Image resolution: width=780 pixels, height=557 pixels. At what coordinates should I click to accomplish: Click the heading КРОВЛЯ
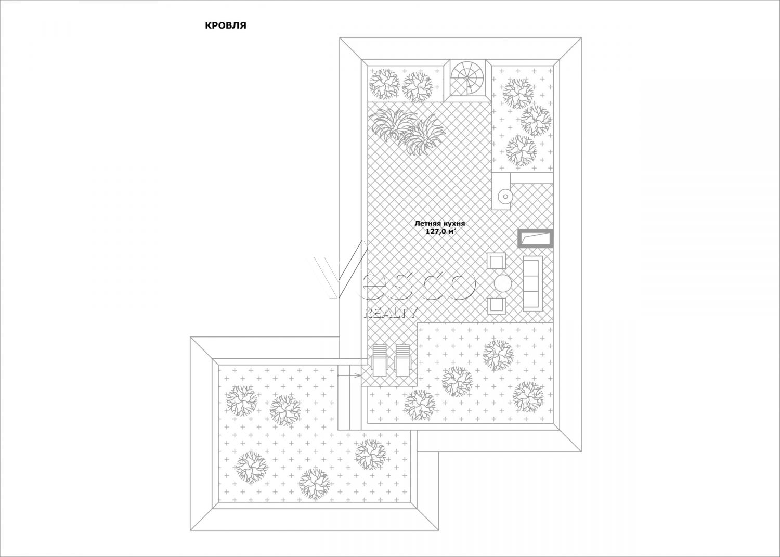pyautogui.click(x=225, y=26)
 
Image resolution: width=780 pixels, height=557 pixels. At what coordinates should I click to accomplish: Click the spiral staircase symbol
pyautogui.click(x=467, y=78)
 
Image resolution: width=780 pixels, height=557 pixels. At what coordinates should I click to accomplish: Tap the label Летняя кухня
pyautogui.click(x=439, y=224)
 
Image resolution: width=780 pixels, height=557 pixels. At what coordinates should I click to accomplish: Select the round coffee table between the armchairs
pyautogui.click(x=502, y=284)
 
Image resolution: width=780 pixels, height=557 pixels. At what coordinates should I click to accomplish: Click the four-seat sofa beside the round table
pyautogui.click(x=533, y=283)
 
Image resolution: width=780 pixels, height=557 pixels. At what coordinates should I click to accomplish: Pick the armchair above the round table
pyautogui.click(x=496, y=261)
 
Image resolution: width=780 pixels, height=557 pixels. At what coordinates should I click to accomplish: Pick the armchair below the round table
pyautogui.click(x=496, y=305)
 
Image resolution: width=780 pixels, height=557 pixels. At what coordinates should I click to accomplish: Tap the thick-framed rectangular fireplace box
pyautogui.click(x=536, y=239)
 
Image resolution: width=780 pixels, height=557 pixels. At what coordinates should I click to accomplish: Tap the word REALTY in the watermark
pyautogui.click(x=389, y=313)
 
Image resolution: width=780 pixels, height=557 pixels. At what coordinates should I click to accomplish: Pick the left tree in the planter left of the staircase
pyautogui.click(x=384, y=84)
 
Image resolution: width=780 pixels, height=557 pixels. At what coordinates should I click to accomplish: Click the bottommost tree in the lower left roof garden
pyautogui.click(x=315, y=484)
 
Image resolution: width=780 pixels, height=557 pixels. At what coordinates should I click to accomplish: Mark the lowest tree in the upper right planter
pyautogui.click(x=522, y=151)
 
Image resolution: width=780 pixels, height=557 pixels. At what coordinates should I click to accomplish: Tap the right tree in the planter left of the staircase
pyautogui.click(x=418, y=87)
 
